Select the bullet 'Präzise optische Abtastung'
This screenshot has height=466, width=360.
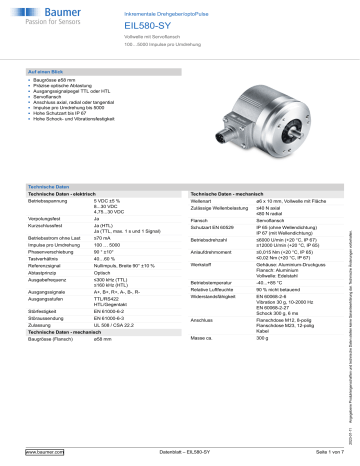(x=78, y=92)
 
